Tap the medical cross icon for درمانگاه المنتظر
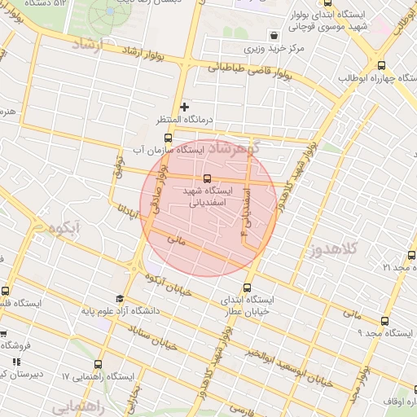185,107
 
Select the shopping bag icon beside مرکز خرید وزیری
273,36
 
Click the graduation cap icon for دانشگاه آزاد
121,298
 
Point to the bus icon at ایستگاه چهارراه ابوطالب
381,66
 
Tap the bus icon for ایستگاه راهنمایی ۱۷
99,364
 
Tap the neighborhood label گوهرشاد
244,149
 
